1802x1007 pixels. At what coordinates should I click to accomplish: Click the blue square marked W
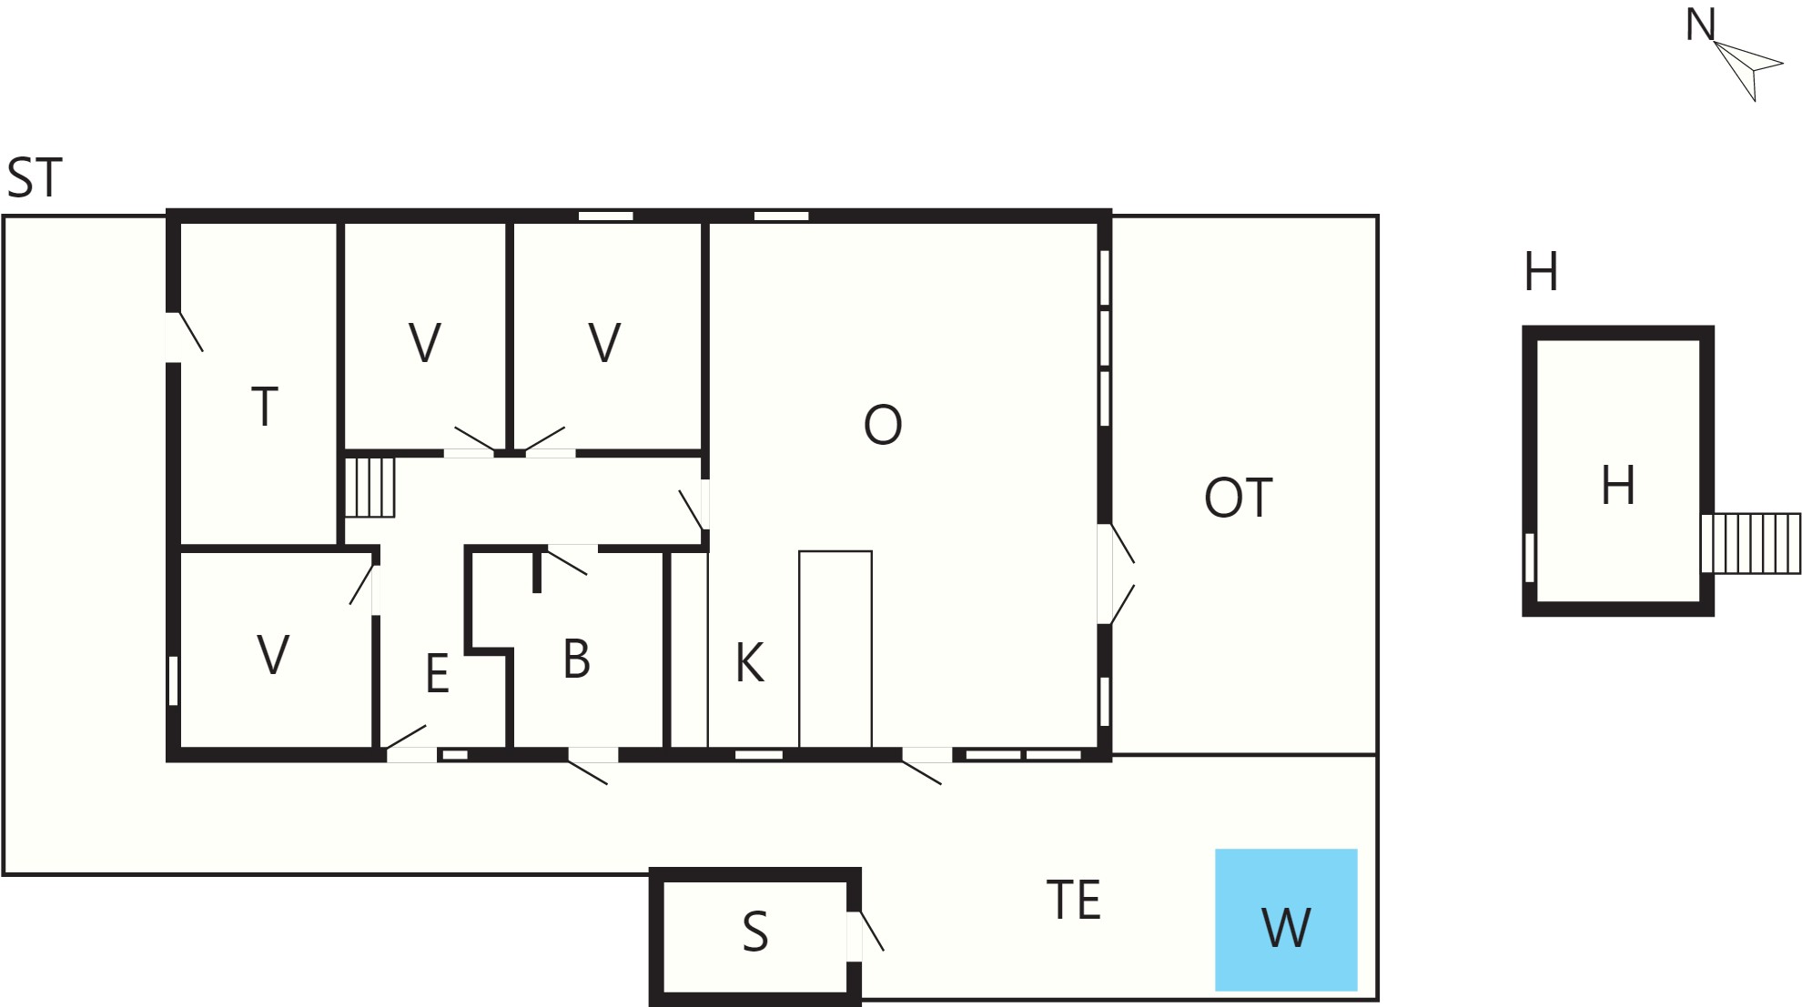click(1286, 920)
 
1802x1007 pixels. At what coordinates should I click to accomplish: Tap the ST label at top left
click(35, 178)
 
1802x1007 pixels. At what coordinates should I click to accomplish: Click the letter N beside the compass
click(1700, 25)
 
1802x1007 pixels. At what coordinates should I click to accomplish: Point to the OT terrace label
click(1238, 498)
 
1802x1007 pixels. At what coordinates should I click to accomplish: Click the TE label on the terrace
click(1074, 900)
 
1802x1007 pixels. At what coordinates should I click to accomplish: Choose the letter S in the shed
click(755, 932)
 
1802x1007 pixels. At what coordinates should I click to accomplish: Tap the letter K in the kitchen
click(749, 663)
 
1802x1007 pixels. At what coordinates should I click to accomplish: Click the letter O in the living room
click(883, 425)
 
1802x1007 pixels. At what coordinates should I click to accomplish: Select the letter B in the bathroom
click(576, 659)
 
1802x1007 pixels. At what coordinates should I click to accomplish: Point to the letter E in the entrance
click(437, 674)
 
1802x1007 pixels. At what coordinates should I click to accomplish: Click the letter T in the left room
click(264, 407)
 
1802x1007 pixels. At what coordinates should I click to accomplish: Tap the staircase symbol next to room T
click(370, 487)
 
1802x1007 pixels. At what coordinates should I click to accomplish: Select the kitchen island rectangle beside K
click(835, 650)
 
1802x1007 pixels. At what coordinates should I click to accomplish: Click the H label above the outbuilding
click(1541, 272)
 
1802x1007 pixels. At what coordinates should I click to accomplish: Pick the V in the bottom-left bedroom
click(273, 654)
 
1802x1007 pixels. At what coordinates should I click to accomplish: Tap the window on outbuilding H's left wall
click(1530, 557)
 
